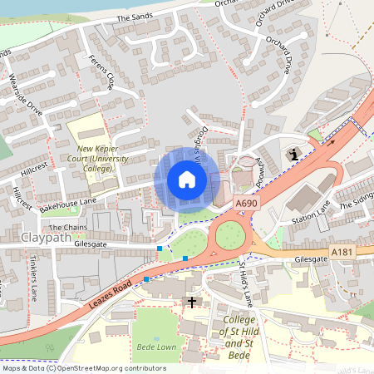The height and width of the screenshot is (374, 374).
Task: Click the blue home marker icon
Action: click(187, 180)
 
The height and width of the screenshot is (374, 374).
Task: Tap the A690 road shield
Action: click(246, 202)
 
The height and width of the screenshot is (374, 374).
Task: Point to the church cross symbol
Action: click(193, 302)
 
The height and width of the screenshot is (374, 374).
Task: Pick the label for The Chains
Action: click(66, 227)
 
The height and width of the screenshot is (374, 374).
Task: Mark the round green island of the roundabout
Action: click(229, 236)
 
